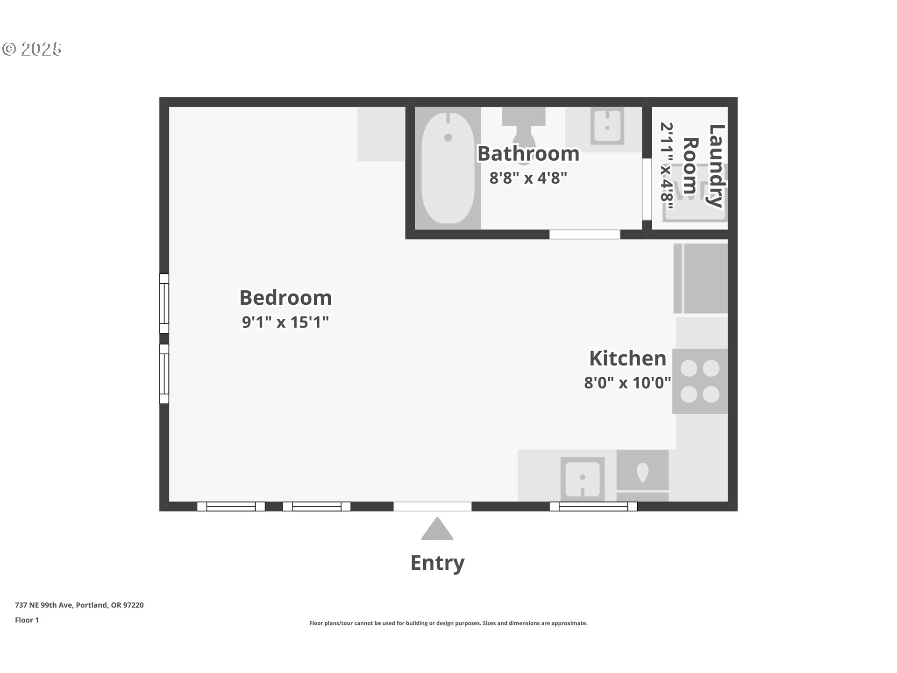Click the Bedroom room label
[x=285, y=298]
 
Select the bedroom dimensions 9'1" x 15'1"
[x=285, y=322]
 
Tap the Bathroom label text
[x=528, y=154]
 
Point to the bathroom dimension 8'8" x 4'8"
[x=528, y=178]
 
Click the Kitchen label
[x=627, y=358]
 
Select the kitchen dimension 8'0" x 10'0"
[x=627, y=383]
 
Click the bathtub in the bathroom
[x=448, y=168]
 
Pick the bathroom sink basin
[x=607, y=126]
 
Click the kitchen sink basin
[x=582, y=479]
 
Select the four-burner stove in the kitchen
[x=700, y=381]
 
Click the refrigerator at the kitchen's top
[x=701, y=278]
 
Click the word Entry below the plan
[x=437, y=563]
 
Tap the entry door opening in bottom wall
[x=432, y=506]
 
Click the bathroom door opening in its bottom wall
[x=584, y=234]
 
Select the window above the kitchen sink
[x=593, y=506]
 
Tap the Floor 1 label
[x=27, y=620]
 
